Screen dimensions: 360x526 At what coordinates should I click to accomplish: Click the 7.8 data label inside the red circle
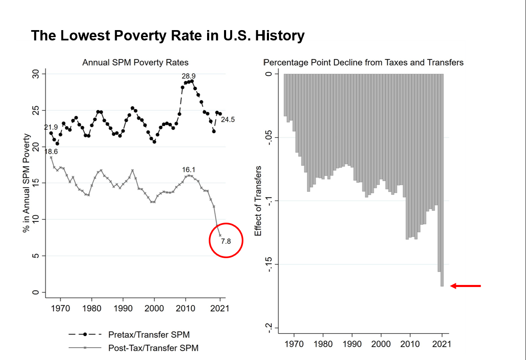click(x=226, y=242)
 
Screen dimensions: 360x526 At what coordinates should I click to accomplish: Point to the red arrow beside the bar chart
click(x=465, y=286)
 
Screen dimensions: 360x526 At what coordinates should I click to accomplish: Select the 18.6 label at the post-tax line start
click(x=51, y=152)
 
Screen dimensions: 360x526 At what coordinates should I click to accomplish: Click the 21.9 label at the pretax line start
click(x=51, y=127)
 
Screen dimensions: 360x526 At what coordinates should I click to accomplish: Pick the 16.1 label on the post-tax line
click(x=189, y=170)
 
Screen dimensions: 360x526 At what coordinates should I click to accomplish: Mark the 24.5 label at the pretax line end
click(x=228, y=120)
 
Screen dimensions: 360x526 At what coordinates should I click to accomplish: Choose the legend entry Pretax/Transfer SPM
click(x=149, y=334)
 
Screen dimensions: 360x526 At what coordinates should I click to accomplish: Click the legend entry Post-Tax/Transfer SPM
click(x=153, y=348)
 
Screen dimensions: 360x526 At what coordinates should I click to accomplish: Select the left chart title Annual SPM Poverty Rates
click(x=135, y=63)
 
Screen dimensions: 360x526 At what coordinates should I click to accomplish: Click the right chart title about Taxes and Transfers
click(x=363, y=63)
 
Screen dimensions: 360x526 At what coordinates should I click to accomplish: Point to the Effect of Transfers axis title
click(x=258, y=201)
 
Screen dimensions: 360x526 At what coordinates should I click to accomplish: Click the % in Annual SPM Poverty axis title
click(x=27, y=183)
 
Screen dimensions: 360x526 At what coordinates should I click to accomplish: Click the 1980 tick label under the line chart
click(x=92, y=308)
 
